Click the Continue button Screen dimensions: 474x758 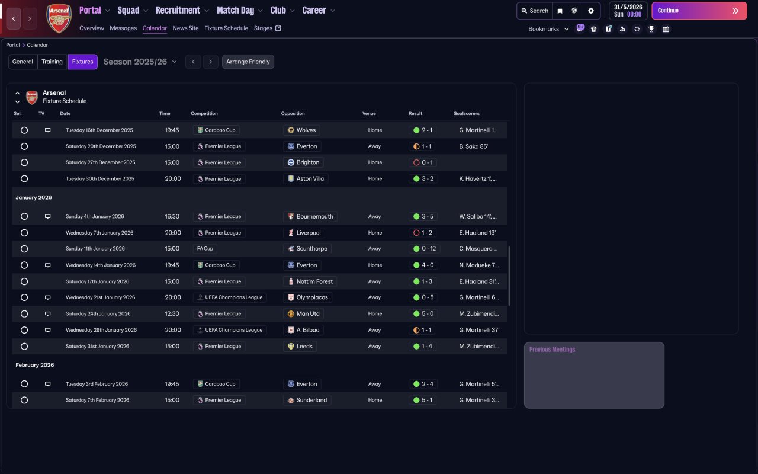699,11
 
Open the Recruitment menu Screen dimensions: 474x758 182,10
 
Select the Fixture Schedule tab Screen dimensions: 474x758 226,28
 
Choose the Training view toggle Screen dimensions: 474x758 52,62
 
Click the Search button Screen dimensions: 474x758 535,11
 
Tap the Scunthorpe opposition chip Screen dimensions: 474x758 307,249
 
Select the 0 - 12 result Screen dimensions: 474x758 423,249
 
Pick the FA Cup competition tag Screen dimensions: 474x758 205,249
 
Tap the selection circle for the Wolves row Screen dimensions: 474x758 24,130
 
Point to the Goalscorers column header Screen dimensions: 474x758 467,114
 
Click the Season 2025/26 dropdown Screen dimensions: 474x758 140,62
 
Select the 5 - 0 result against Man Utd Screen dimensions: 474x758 423,314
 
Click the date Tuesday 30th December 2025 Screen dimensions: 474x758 99,179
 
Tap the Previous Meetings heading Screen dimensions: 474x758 552,350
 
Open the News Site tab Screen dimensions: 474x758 185,28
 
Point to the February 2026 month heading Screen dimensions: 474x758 35,365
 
